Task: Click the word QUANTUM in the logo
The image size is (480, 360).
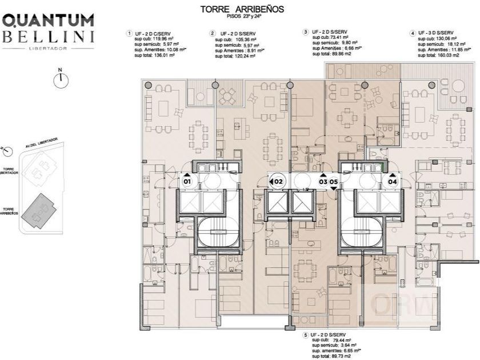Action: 49,21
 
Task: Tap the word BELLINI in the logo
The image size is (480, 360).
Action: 49,38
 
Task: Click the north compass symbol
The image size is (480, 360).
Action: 59,79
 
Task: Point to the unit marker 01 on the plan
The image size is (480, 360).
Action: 187,181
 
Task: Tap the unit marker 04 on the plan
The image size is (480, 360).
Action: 393,181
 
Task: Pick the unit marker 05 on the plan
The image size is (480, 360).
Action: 334,181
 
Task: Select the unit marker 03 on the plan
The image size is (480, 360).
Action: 323,181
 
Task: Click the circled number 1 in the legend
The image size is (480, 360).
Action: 129,34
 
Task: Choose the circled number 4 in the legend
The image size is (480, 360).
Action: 413,34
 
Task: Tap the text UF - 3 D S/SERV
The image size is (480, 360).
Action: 435,33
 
